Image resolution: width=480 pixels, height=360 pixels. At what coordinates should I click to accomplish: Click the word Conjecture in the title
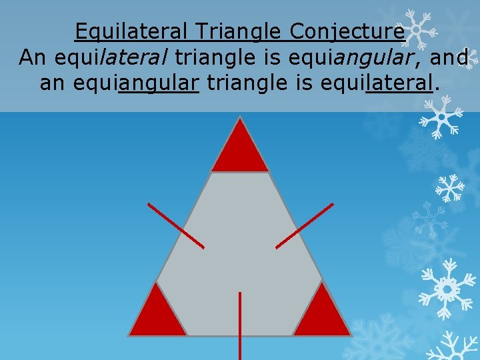347,31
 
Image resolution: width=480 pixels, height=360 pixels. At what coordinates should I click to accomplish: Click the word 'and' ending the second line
449,58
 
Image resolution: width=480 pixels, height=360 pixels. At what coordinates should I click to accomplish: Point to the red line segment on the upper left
176,226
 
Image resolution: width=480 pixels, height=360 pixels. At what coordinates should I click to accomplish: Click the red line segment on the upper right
304,226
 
